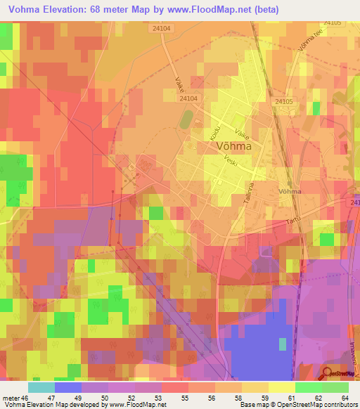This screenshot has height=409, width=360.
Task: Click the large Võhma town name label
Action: coord(231,147)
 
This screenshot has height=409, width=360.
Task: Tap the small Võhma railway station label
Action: coord(289,191)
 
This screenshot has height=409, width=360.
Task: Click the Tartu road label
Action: coord(293,221)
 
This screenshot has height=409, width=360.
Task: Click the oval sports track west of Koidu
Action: coord(185,119)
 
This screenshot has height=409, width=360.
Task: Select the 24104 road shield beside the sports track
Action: coord(188,99)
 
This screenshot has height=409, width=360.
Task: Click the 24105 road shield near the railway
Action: coord(283,102)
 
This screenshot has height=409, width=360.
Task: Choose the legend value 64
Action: coord(335,397)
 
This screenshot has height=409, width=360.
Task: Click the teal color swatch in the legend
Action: coord(41,387)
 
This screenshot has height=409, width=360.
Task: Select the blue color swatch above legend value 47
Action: coord(67,387)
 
